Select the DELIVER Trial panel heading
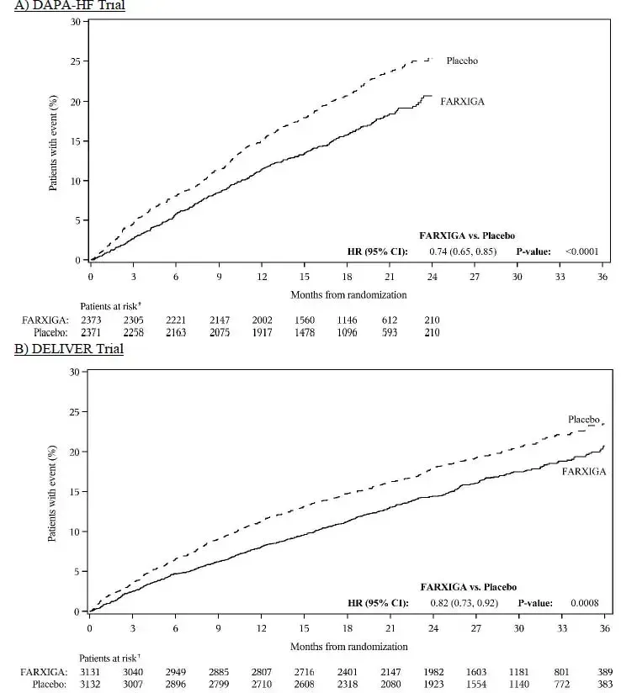68,348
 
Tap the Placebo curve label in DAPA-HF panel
462,61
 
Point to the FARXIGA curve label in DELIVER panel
584,471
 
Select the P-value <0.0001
582,251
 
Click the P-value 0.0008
584,602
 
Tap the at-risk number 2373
91,320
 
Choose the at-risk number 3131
89,671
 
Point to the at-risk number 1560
305,320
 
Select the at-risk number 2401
348,671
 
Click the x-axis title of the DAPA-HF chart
348,294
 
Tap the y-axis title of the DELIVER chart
52,492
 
